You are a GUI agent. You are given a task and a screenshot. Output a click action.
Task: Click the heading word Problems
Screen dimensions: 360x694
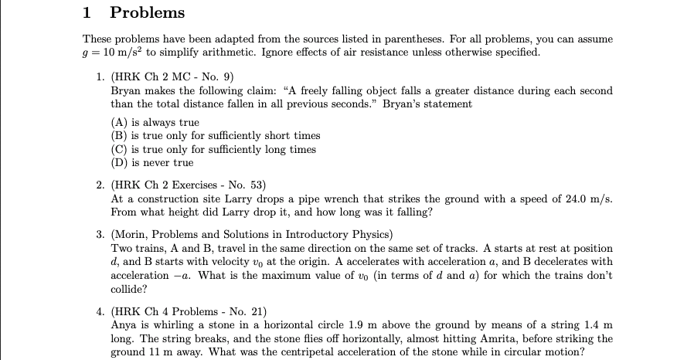pyautogui.click(x=148, y=12)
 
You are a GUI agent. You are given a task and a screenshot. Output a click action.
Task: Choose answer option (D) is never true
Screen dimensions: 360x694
pyautogui.click(x=152, y=163)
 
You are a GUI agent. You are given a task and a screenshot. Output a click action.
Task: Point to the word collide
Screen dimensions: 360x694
pyautogui.click(x=129, y=290)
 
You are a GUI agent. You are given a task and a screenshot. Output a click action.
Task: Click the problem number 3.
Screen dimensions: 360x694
pyautogui.click(x=100, y=235)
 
